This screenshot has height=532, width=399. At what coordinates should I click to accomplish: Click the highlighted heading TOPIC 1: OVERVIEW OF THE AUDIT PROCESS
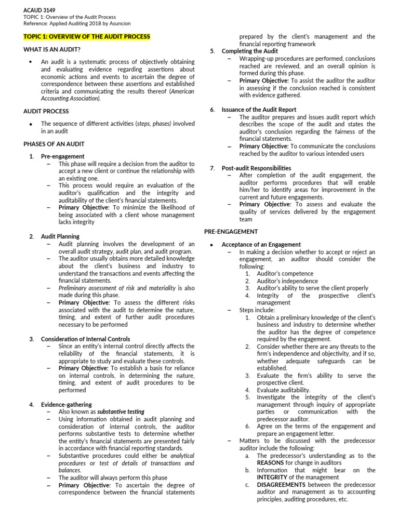tap(87, 37)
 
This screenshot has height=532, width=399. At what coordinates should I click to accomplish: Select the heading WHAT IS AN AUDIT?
tap(52, 49)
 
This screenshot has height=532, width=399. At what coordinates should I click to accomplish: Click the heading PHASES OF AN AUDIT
tap(54, 144)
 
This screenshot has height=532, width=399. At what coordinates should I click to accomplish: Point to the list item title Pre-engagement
tap(62, 156)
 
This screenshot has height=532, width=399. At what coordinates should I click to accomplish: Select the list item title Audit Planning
tap(60, 236)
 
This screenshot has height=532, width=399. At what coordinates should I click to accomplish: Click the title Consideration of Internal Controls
tap(85, 339)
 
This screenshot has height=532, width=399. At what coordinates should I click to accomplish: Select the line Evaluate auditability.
tap(284, 390)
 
